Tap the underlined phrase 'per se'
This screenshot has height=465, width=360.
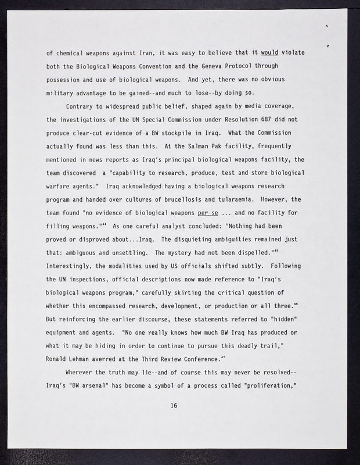210,200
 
